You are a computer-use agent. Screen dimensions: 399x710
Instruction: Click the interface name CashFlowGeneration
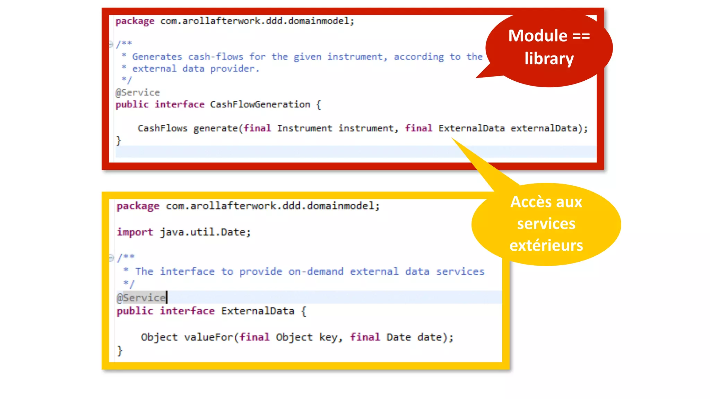(260, 105)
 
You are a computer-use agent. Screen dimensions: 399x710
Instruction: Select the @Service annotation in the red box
(138, 92)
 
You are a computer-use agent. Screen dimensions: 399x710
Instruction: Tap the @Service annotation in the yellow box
(141, 298)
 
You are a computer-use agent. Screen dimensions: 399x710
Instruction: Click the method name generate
(215, 128)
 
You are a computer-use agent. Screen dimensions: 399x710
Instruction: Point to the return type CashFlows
(162, 128)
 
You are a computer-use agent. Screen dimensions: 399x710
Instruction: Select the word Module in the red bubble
(538, 36)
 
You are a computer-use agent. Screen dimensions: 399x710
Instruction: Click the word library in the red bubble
(549, 59)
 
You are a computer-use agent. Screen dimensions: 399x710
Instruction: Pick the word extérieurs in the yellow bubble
(546, 246)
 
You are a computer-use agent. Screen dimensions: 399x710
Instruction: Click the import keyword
(135, 232)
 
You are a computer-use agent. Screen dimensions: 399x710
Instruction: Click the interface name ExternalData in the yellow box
(257, 311)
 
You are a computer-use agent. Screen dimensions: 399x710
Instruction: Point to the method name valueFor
(208, 337)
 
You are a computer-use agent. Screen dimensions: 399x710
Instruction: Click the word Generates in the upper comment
(157, 57)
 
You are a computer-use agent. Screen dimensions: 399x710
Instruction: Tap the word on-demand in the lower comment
(316, 272)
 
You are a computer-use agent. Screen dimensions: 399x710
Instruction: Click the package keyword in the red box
(135, 21)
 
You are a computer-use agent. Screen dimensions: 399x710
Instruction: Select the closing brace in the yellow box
(120, 351)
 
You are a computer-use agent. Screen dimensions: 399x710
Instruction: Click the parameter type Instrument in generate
(304, 128)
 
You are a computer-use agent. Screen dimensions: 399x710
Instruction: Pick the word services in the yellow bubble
(546, 224)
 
